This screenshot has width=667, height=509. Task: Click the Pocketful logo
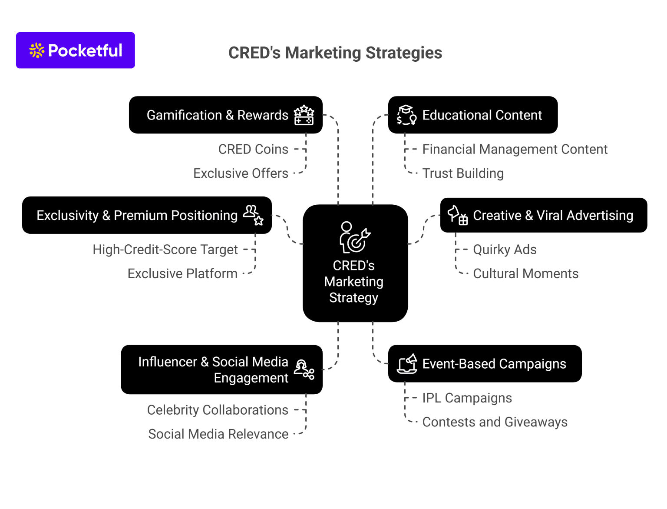point(76,50)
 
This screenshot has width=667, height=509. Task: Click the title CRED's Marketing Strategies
point(335,53)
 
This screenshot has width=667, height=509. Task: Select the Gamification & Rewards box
point(217,115)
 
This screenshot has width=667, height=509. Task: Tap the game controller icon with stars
point(304,115)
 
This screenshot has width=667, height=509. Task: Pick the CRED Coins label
point(253,150)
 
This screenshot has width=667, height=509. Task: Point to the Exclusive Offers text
point(241,173)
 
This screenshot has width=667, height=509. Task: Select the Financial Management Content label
point(515,150)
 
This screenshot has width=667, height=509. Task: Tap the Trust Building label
point(463,173)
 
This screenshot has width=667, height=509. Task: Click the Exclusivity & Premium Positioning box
point(137,216)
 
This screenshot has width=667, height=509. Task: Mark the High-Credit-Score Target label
point(165,250)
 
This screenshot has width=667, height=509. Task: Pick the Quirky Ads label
point(505,250)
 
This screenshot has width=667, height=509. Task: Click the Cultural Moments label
point(525,274)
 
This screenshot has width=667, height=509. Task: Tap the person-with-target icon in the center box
point(354,238)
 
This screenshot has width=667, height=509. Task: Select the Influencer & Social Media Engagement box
point(213,370)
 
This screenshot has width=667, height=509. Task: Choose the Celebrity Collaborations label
point(218,410)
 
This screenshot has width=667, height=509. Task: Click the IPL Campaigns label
point(467,398)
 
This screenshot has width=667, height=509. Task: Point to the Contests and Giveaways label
point(495,422)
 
